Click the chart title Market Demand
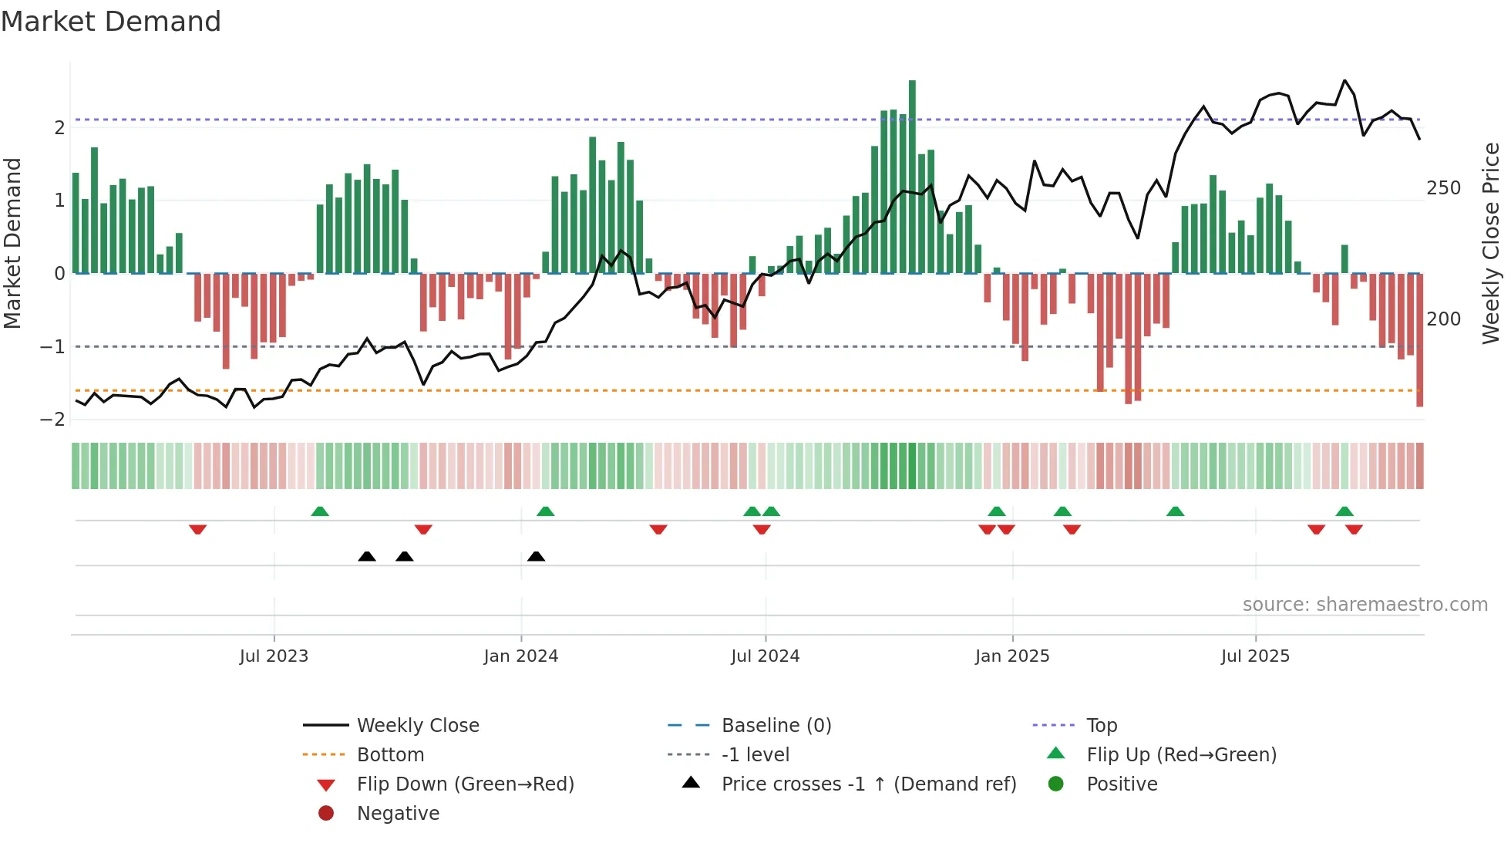(x=111, y=22)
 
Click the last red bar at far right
(x=1419, y=339)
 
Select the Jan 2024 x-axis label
(x=520, y=656)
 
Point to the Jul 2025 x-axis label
(x=1254, y=656)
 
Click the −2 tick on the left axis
(x=53, y=419)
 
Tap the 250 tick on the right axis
(x=1443, y=188)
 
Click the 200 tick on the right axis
(x=1443, y=319)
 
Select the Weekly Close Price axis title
(x=1491, y=243)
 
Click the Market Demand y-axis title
(x=12, y=243)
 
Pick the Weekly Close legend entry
(x=418, y=726)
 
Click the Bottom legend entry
(x=390, y=755)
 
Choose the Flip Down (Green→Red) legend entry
(x=465, y=784)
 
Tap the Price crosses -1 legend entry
(x=868, y=784)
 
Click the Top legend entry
(x=1101, y=726)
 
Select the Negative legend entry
(x=398, y=814)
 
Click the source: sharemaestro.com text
(x=1365, y=605)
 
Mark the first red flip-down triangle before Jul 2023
(x=197, y=530)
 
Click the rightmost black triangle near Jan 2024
(x=536, y=556)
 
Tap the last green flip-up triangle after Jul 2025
(x=1344, y=511)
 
